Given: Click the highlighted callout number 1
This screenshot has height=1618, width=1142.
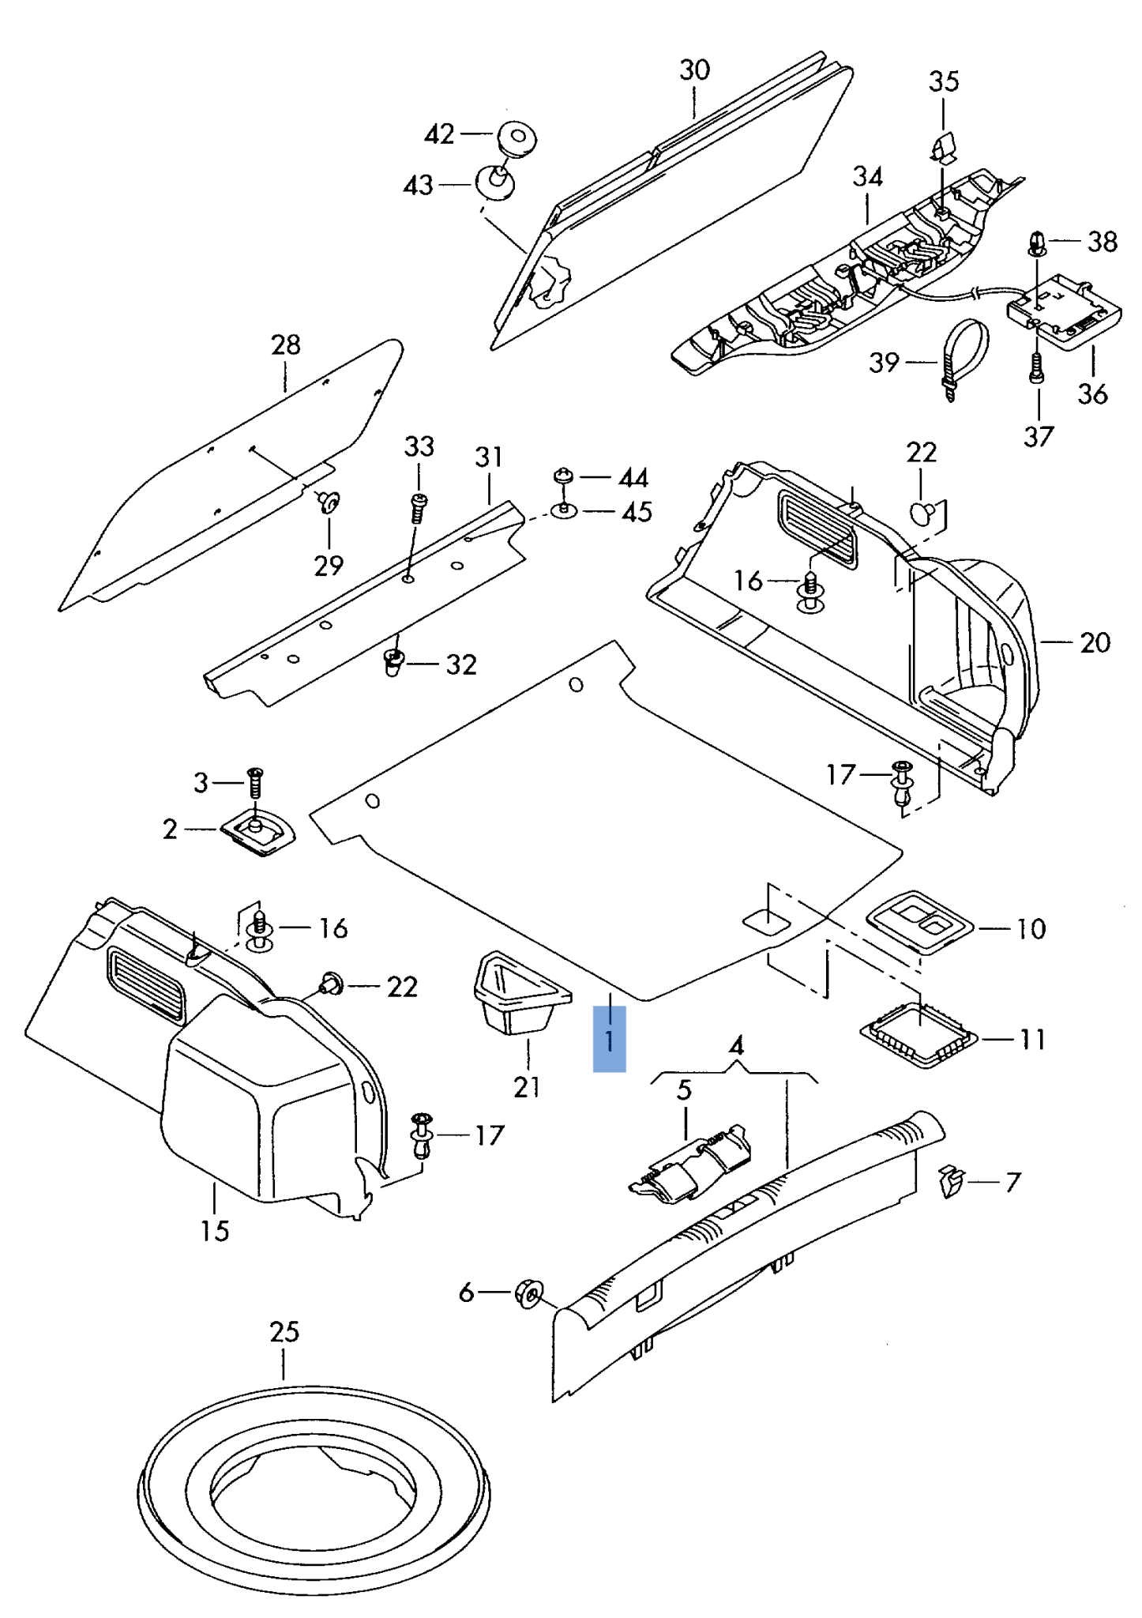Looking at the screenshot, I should [x=609, y=1039].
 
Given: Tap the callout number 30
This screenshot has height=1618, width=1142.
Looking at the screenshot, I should [x=694, y=70].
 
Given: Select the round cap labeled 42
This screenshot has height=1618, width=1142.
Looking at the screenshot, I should [x=517, y=138].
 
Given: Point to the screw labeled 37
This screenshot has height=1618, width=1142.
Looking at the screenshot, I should [x=1038, y=367].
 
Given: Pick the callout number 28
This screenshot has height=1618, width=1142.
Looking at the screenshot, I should [x=285, y=345].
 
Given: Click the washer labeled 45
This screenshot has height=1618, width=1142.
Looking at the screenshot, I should [x=563, y=511].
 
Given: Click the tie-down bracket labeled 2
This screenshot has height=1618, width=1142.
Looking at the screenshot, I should [x=257, y=833].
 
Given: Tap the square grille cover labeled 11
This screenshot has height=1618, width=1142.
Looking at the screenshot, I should [x=918, y=1034].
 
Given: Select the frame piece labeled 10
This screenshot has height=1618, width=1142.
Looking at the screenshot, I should [x=920, y=921].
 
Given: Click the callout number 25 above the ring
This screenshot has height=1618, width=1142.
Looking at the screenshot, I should [x=284, y=1332].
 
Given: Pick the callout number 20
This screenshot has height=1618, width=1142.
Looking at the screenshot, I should [x=1095, y=642].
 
